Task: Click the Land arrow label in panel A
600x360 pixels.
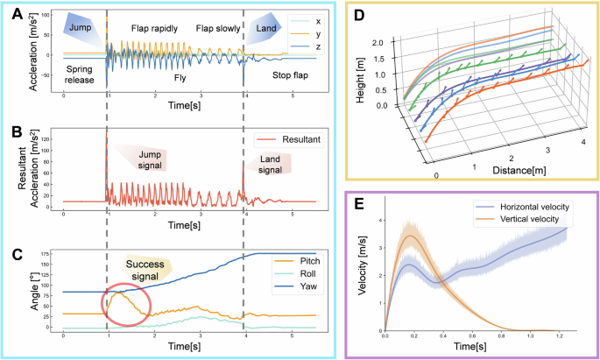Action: tap(262, 26)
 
